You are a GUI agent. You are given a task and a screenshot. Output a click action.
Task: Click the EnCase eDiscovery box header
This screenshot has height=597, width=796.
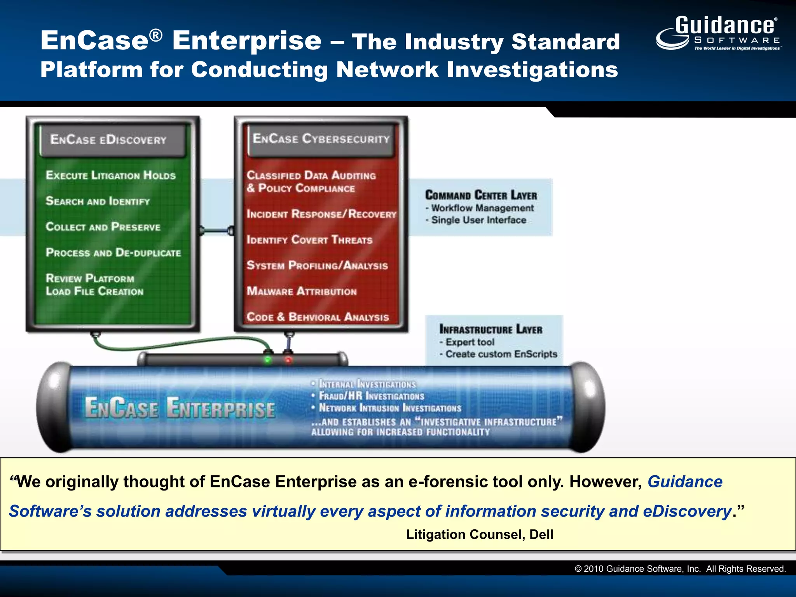pos(108,140)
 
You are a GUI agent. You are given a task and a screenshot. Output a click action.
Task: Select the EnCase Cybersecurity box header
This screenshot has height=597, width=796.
pos(321,138)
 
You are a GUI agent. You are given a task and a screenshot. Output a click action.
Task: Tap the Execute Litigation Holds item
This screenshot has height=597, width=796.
pos(111,175)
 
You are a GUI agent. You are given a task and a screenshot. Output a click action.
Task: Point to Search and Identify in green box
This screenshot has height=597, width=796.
pos(98,201)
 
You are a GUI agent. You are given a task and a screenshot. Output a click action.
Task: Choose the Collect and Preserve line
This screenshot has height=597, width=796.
pos(103,227)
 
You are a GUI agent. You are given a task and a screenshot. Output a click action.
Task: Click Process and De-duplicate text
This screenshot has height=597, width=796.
pos(113,253)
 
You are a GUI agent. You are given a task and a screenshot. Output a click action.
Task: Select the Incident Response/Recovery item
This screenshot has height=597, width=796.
pos(321,214)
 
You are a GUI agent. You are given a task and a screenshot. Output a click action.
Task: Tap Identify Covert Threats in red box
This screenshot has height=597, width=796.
pos(309,240)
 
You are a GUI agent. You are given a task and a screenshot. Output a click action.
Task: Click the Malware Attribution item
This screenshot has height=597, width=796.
pos(302,291)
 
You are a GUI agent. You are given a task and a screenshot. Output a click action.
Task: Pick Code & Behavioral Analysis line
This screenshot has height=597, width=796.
pos(318,317)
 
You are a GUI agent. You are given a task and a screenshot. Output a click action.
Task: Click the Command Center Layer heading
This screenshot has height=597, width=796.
pos(481,195)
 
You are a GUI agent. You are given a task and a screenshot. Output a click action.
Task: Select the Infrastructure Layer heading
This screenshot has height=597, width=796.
pos(491,329)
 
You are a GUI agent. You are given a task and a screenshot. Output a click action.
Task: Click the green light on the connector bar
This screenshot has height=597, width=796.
pos(268,360)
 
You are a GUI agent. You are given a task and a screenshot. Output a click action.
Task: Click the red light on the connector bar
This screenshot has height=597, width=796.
pos(288,360)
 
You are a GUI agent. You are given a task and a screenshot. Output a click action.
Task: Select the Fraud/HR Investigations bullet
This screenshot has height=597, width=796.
pos(371,396)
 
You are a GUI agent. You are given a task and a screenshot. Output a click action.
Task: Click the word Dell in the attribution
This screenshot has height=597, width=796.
pos(541,534)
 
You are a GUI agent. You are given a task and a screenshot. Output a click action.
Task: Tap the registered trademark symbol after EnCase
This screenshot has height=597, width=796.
pos(156,35)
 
